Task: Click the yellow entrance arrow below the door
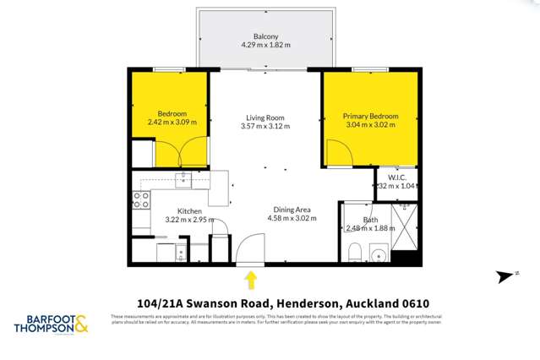250,279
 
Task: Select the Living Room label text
265,117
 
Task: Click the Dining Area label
293,209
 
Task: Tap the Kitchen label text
188,211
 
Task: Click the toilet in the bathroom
355,252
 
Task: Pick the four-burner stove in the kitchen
141,200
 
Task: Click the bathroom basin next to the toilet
377,254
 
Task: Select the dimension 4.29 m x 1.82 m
265,46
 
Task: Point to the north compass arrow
506,275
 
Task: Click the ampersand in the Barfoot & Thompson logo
81,324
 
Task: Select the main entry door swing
250,249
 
